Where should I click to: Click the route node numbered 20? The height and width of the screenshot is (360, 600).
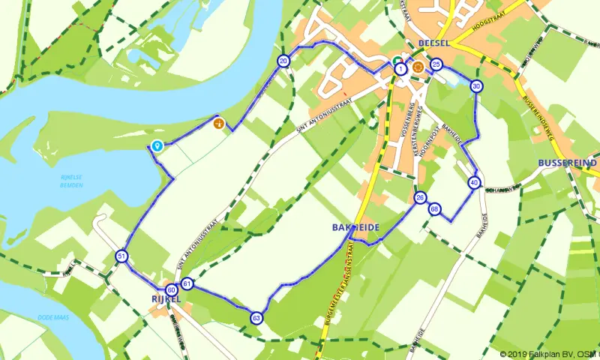[x=283, y=61]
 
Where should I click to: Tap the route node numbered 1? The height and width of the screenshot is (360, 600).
[x=401, y=68]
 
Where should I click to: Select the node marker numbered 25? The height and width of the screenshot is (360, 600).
[x=436, y=65]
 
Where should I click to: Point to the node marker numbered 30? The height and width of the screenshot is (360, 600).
[x=476, y=87]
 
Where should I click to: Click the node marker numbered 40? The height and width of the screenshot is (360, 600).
[x=474, y=183]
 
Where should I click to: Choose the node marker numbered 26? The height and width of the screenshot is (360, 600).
[x=420, y=198]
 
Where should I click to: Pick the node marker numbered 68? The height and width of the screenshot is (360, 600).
[x=435, y=208]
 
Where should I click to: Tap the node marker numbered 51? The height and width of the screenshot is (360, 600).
[x=121, y=256]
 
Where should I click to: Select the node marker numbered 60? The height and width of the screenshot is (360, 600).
[x=171, y=289]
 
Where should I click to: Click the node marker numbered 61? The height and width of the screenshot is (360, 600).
[x=187, y=283]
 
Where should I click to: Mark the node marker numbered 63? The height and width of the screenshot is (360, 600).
[x=256, y=318]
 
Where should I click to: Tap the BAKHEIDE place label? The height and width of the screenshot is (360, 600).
[x=355, y=226]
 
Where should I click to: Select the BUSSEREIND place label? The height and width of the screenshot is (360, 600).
[x=568, y=163]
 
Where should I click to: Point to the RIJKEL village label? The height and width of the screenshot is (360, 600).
[x=166, y=299]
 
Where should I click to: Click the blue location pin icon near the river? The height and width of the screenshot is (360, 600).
[x=157, y=145]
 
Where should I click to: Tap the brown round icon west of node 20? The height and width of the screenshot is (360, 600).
[x=218, y=123]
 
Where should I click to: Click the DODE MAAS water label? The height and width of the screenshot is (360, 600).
[x=53, y=318]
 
